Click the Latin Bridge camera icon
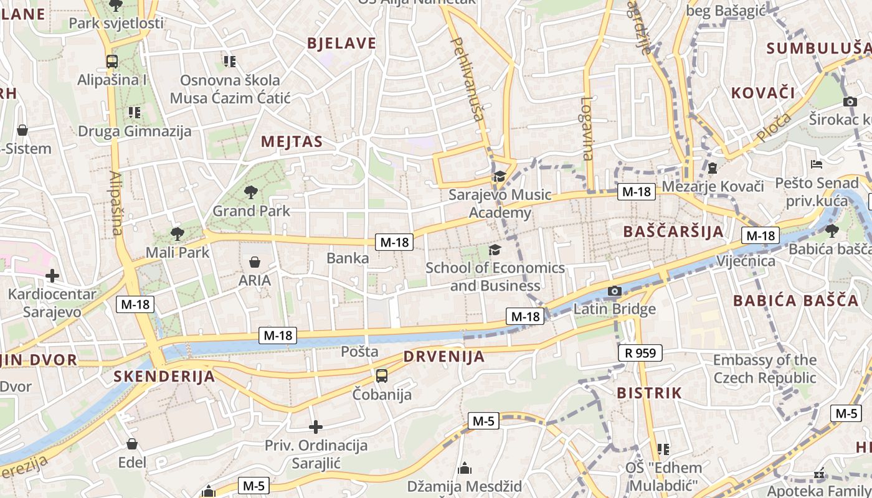(615, 291)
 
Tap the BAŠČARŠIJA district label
(673, 232)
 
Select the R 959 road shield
(640, 353)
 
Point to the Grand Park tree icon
(251, 192)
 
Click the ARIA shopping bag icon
(255, 261)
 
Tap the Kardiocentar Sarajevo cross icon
(52, 275)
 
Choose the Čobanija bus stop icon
(382, 376)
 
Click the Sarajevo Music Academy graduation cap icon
(500, 177)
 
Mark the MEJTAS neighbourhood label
(292, 141)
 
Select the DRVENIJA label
(443, 357)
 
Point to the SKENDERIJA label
(164, 376)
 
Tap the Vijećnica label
(746, 260)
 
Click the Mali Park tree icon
(178, 234)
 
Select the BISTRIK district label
(649, 393)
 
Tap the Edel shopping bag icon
(132, 444)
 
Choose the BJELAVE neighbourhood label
(342, 43)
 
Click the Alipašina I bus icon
(112, 61)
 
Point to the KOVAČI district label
(763, 93)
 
